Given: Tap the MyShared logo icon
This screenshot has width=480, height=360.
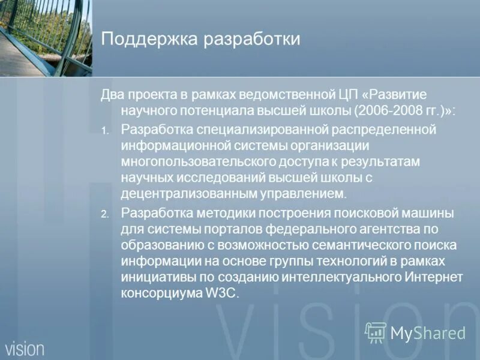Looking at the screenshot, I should [x=376, y=332].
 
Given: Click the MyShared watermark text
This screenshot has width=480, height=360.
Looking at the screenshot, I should [x=428, y=333].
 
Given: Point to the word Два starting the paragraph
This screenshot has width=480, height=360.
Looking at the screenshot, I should [x=112, y=95].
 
